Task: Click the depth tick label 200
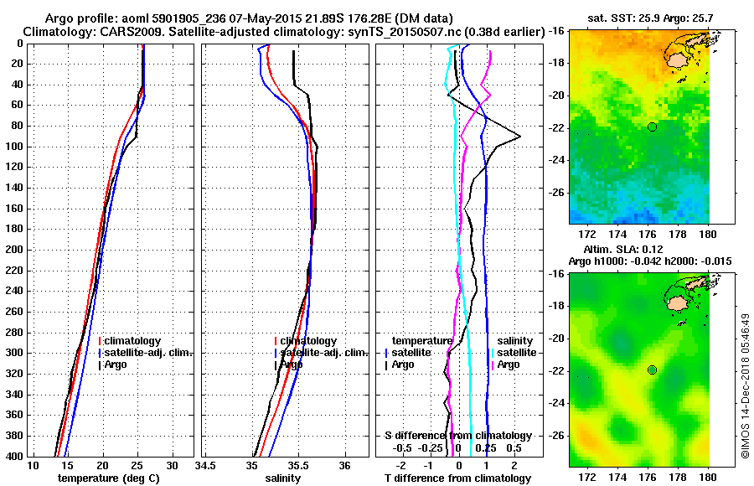coord(14,250)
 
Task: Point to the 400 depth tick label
coord(14,456)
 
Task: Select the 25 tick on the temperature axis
coord(137,467)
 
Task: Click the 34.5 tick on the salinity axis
coord(205,467)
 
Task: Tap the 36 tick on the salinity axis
coord(344,467)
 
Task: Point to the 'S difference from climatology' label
coord(457,436)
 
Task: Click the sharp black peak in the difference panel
coord(519,137)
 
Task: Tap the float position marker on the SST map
coord(652,127)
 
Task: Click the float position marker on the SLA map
coord(652,370)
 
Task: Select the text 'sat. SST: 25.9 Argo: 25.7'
coord(641,17)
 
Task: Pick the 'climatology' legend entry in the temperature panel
coord(132,341)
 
